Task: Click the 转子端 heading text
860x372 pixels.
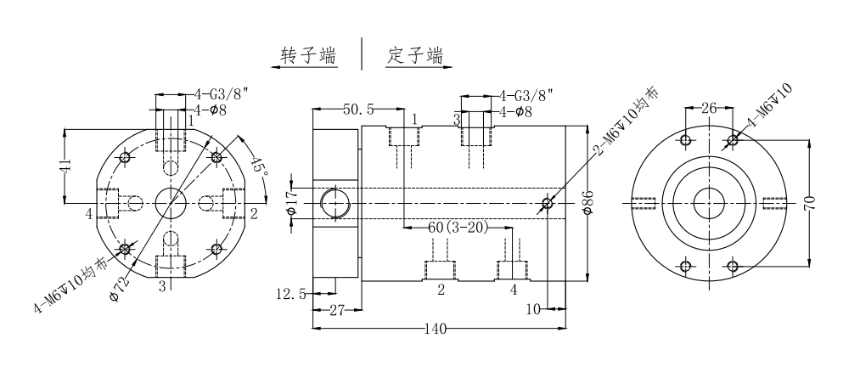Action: coord(309,56)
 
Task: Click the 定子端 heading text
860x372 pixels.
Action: coord(415,56)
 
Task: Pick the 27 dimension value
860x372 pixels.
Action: coord(336,312)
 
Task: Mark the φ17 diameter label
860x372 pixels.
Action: coord(291,202)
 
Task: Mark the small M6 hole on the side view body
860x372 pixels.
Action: coord(548,203)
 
